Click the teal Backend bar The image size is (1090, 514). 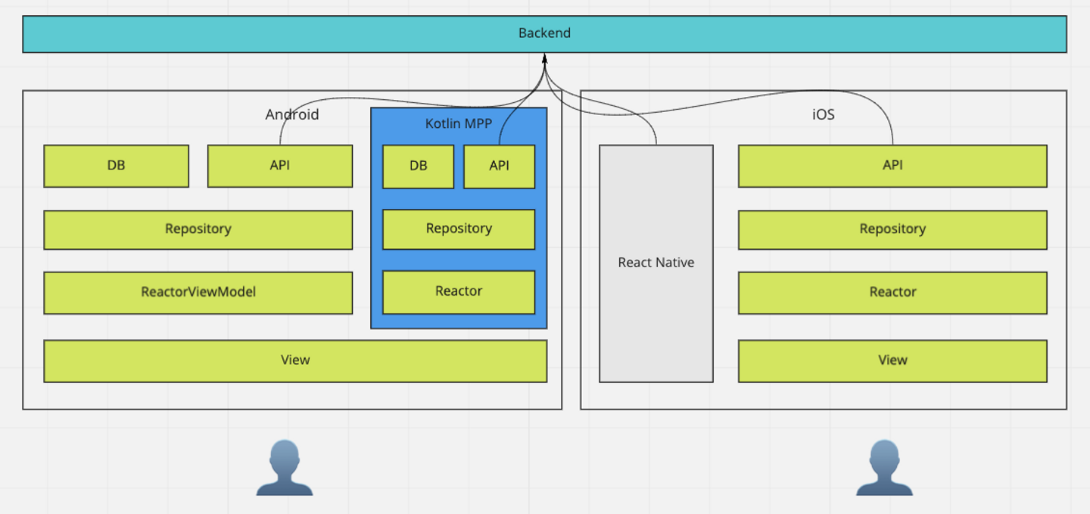(544, 34)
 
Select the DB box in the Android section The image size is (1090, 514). (116, 166)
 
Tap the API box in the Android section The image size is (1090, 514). (279, 166)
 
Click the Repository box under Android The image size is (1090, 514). (198, 229)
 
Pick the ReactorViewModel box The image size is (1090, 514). (198, 292)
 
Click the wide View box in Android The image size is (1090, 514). (295, 360)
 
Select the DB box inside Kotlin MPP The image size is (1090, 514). (418, 167)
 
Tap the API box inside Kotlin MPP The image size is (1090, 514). (499, 167)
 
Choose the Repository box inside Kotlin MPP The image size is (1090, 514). (459, 229)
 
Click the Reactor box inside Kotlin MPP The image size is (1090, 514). (459, 291)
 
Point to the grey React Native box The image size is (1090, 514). (656, 263)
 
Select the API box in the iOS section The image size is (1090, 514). (892, 166)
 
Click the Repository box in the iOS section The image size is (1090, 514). (892, 229)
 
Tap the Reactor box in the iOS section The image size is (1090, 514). (892, 292)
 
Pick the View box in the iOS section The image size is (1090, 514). (892, 360)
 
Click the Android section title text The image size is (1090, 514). (292, 115)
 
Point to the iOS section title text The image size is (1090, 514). (824, 115)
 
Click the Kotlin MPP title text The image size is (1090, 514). (459, 123)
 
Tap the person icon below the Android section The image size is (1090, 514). (285, 469)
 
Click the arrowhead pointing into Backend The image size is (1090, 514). (544, 59)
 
